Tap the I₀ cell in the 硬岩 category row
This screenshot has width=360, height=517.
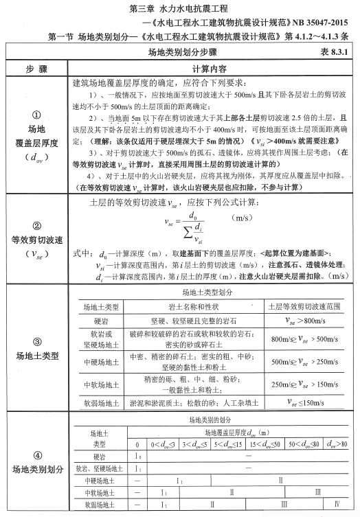click(137, 457)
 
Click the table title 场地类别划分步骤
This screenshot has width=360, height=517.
click(181, 52)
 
